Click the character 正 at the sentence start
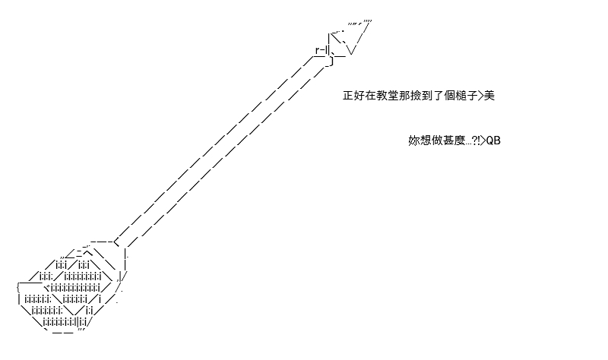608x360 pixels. pyautogui.click(x=348, y=96)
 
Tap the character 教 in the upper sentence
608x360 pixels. pyautogui.click(x=382, y=96)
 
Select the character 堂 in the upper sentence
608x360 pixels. pyautogui.click(x=393, y=96)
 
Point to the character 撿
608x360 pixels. pyautogui.click(x=416, y=96)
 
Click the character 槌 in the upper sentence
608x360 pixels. pyautogui.click(x=461, y=96)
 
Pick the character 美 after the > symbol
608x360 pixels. pyautogui.click(x=489, y=96)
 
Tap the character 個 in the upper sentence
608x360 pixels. pyautogui.click(x=449, y=96)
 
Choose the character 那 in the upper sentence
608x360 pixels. pyautogui.click(x=404, y=96)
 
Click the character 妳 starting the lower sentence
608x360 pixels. pyautogui.click(x=414, y=141)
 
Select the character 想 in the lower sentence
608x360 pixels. pyautogui.click(x=426, y=141)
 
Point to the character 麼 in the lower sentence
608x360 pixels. pyautogui.click(x=459, y=141)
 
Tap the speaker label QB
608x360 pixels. pyautogui.click(x=493, y=141)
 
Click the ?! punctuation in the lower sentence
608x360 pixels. pyautogui.click(x=476, y=141)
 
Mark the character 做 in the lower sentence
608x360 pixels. pyautogui.click(x=436, y=141)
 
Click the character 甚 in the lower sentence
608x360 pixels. pyautogui.click(x=448, y=141)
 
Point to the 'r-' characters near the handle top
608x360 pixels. pyautogui.click(x=320, y=50)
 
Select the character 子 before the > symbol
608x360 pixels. pyautogui.click(x=472, y=96)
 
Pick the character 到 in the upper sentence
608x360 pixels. pyautogui.click(x=427, y=96)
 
